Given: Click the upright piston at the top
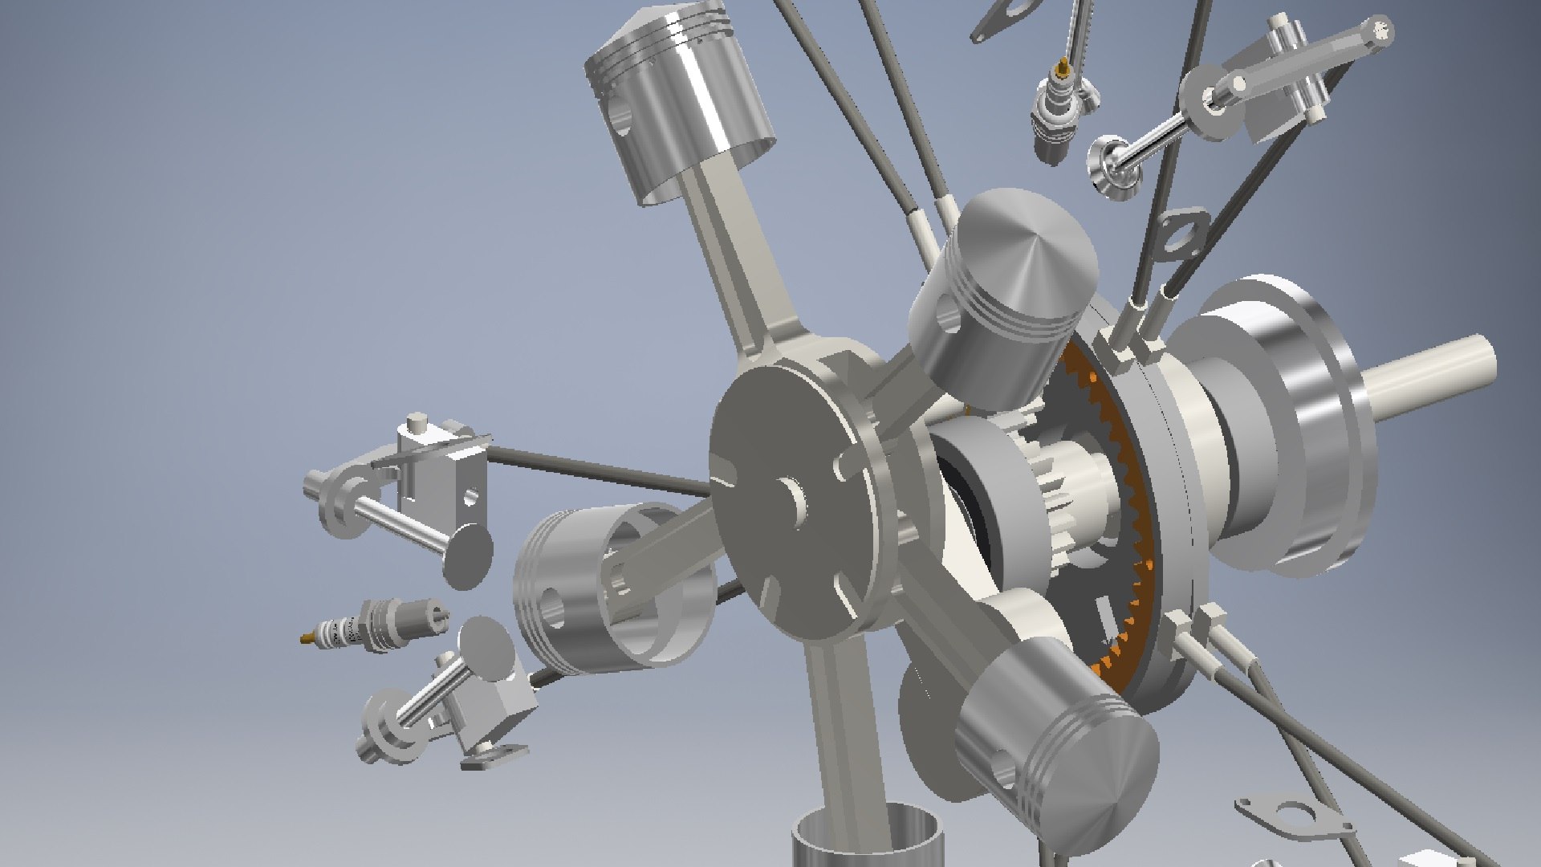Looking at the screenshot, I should coord(678,104).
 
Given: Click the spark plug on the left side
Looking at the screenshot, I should coord(377,625).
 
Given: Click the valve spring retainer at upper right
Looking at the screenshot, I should coord(1109,166).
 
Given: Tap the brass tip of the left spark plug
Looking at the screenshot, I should coord(307,638).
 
